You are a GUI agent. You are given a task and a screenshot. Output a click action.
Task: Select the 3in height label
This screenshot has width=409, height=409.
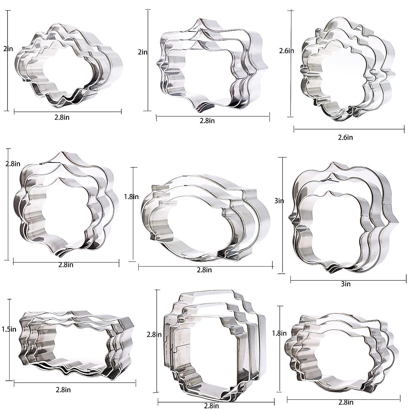279,201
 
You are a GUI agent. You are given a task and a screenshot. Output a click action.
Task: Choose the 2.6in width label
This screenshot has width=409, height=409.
345,137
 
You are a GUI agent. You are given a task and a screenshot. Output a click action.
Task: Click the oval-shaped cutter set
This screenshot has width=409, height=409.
204,218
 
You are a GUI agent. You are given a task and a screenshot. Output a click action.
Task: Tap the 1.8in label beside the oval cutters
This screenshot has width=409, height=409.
131,197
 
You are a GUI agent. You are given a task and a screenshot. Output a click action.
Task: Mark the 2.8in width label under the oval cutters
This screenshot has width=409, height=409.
204,270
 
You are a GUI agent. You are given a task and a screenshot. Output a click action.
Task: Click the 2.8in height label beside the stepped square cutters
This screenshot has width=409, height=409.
154,334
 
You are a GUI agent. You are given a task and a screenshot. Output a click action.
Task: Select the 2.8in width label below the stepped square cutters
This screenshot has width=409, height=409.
211,406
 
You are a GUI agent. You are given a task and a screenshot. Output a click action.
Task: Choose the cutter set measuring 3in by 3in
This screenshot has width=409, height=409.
341,218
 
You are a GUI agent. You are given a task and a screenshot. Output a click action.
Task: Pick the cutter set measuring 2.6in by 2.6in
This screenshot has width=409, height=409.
348,68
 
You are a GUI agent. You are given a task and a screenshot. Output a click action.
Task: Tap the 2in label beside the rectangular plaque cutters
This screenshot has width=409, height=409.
142,52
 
